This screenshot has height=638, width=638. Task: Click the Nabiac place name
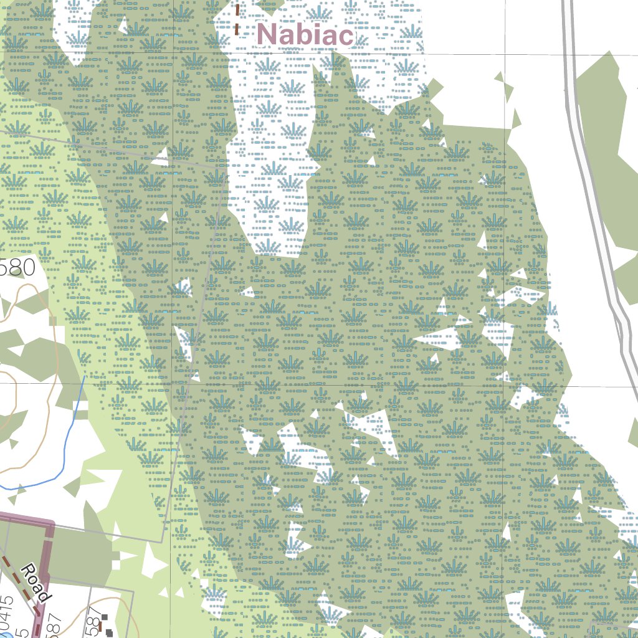tap(305, 34)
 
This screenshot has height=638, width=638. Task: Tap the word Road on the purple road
tap(35, 582)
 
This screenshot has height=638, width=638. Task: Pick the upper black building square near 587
tap(104, 617)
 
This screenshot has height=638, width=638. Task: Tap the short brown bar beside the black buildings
tap(100, 627)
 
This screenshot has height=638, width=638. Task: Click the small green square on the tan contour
tap(53, 321)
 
